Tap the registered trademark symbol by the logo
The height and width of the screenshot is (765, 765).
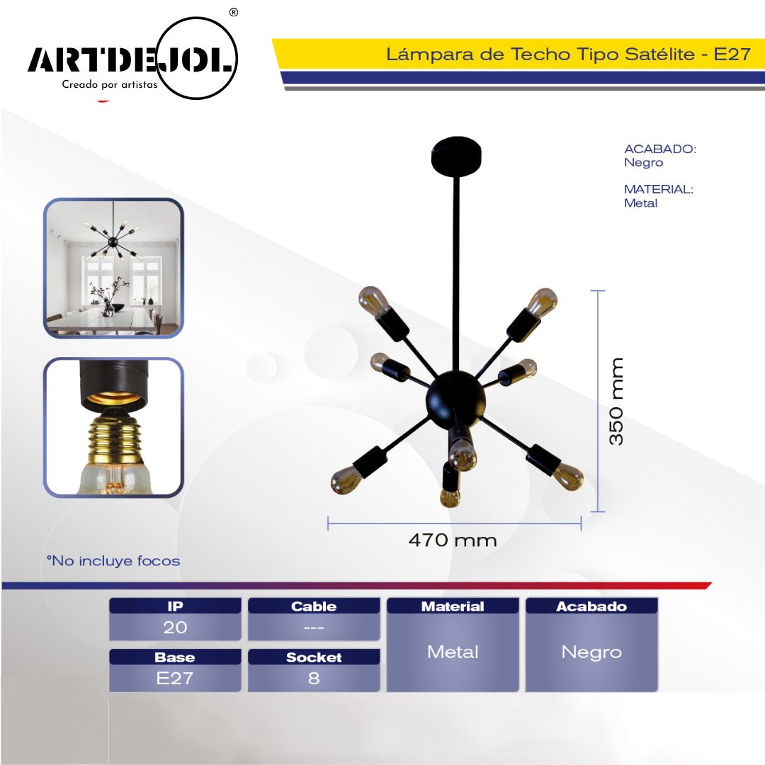click(234, 12)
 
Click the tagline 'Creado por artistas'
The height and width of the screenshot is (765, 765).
click(110, 84)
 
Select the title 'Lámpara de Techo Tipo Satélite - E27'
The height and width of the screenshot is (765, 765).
click(568, 54)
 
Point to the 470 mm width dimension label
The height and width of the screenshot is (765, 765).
click(453, 540)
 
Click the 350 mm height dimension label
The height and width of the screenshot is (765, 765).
click(616, 401)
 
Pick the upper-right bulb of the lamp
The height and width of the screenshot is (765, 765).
click(542, 302)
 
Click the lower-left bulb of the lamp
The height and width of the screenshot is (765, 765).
click(347, 479)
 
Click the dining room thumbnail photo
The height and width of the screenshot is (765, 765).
click(113, 268)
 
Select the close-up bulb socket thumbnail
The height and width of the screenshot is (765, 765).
click(113, 427)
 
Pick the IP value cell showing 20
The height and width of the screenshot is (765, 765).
click(175, 627)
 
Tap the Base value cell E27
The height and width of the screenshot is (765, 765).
click(175, 678)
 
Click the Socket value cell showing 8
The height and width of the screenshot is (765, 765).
click(314, 678)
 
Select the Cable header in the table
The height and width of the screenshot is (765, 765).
click(314, 606)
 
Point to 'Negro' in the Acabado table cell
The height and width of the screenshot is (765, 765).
click(591, 652)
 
